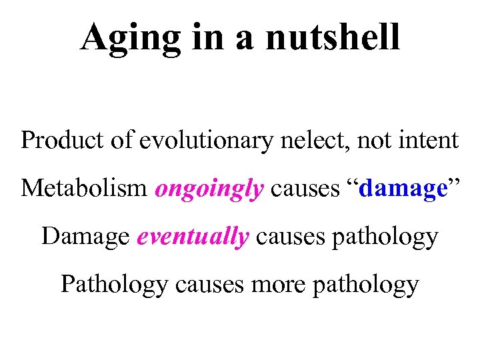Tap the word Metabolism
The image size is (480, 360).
pyautogui.click(x=84, y=189)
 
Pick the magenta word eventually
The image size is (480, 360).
pyautogui.click(x=193, y=237)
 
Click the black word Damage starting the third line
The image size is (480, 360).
pyautogui.click(x=86, y=237)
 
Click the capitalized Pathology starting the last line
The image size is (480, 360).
pyautogui.click(x=114, y=285)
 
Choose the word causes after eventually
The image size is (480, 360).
pyautogui.click(x=287, y=237)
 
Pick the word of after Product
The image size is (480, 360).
pyautogui.click(x=116, y=141)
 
